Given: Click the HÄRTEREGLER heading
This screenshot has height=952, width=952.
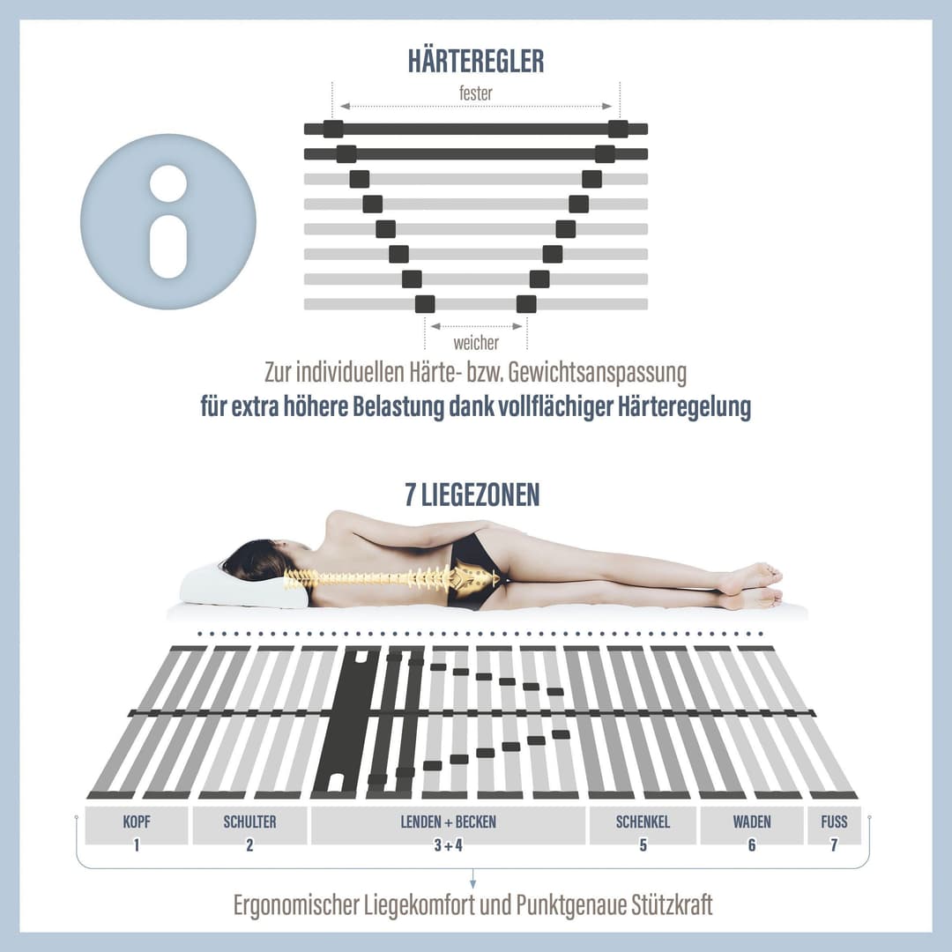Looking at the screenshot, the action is coord(476,62).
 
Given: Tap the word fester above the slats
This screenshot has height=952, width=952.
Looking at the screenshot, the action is coord(475,93).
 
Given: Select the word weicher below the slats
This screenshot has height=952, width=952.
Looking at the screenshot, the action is coord(476,343).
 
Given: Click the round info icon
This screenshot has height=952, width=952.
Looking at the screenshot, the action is coord(168,221).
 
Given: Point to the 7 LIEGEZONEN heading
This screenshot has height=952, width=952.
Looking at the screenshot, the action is coord(472,495).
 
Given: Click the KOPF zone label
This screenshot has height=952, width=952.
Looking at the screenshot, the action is coord(137,822).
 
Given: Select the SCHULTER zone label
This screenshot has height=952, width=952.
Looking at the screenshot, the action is coord(249,822).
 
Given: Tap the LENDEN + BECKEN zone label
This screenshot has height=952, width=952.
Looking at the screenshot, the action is coord(448,822).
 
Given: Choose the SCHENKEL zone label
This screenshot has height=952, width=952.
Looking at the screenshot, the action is coord(643,822).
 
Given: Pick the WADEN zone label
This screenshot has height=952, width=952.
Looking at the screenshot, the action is coord(752,822).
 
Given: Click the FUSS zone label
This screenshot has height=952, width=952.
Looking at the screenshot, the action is coord(834,822).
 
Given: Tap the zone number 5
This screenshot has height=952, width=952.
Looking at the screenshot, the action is coord(643,844).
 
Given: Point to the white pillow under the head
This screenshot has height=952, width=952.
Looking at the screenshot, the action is coord(243,586).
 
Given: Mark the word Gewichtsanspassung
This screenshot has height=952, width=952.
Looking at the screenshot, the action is coord(598,373).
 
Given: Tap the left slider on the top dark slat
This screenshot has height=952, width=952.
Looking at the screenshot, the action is coord(333,129).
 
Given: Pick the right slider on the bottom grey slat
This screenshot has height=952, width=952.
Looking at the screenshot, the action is coord(526,304).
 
